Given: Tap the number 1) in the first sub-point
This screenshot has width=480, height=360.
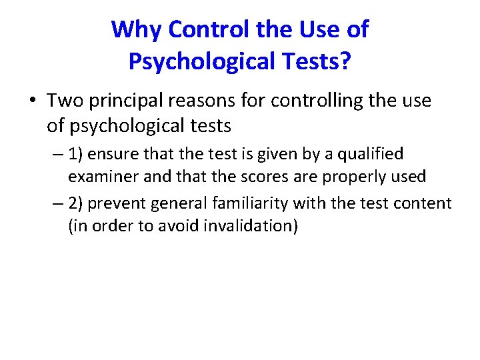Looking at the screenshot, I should pos(76,154).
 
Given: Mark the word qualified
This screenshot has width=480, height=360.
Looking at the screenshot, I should pos(371,154).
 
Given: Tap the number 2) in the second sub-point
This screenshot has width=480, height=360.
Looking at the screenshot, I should pos(76,203).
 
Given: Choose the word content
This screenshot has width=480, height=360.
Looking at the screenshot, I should pos(425,203).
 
